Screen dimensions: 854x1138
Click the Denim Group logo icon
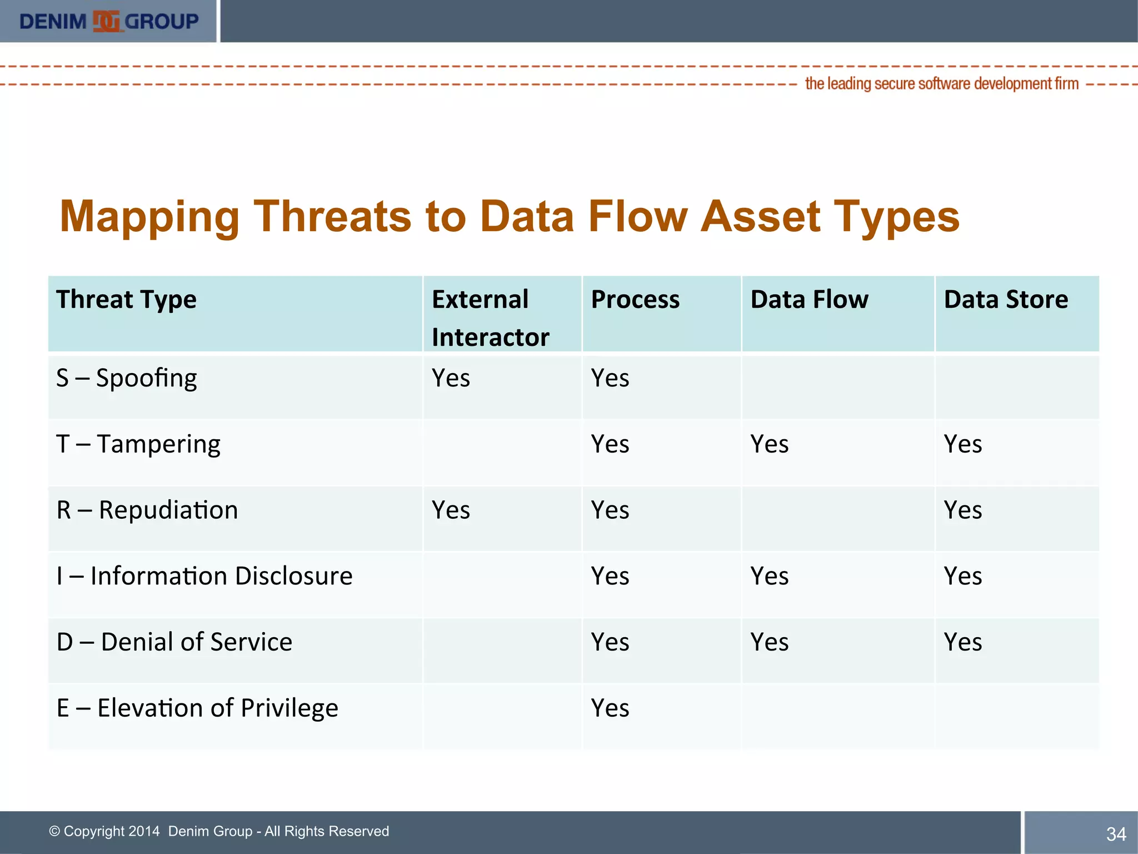[x=106, y=22]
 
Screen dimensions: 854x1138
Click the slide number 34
[x=1116, y=834]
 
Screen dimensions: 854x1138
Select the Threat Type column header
[x=126, y=300]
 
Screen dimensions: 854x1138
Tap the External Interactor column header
[x=490, y=318]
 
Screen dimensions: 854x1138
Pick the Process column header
[x=635, y=300]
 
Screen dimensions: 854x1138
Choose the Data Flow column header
[x=809, y=300]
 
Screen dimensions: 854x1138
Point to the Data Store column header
[x=1006, y=300]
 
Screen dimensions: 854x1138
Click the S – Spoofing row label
[x=127, y=379]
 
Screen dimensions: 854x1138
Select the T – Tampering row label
[x=138, y=444]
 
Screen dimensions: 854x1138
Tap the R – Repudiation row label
[x=147, y=510]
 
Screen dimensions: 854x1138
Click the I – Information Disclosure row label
[x=204, y=576]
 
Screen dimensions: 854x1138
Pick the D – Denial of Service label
[x=174, y=642]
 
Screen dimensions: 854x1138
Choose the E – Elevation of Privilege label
[x=197, y=708]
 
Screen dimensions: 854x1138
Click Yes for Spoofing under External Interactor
[x=451, y=379]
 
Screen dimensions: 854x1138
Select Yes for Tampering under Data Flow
[x=769, y=444]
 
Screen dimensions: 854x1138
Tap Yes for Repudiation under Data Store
[x=962, y=510]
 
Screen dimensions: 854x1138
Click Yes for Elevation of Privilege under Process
[x=610, y=708]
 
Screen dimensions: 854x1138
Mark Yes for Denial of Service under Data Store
[x=962, y=642]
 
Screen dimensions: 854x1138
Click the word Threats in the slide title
[x=332, y=216]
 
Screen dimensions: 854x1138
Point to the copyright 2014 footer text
[x=219, y=831]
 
